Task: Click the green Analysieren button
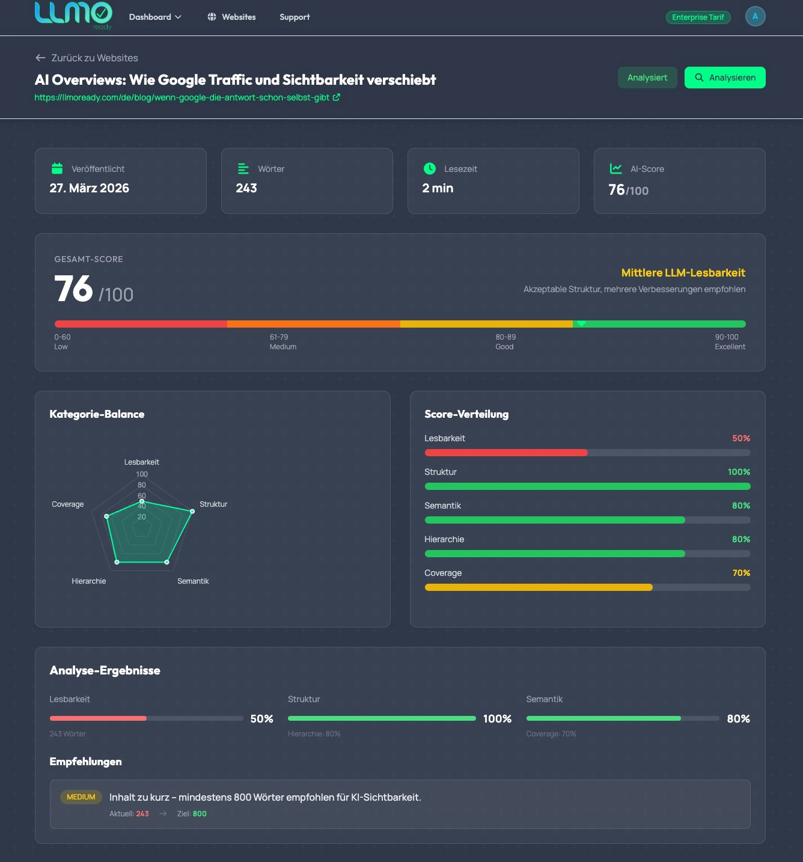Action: point(725,78)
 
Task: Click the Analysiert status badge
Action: point(647,78)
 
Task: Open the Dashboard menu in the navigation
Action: point(155,17)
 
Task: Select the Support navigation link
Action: point(295,17)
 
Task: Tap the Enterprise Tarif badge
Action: point(698,17)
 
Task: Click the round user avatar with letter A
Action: point(755,16)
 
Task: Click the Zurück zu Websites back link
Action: point(87,58)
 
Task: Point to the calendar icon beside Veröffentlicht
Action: point(57,168)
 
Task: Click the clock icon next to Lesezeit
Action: point(430,168)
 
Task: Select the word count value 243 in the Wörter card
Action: point(246,188)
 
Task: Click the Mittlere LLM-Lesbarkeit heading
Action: point(683,273)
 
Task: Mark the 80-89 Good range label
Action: point(505,341)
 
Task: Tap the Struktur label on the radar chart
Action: point(213,504)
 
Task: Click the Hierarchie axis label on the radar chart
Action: point(89,581)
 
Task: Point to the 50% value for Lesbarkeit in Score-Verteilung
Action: point(740,438)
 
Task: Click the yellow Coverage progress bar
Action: point(539,587)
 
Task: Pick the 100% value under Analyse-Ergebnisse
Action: point(497,719)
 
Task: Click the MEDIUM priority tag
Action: point(81,797)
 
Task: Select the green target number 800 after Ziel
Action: point(200,814)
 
